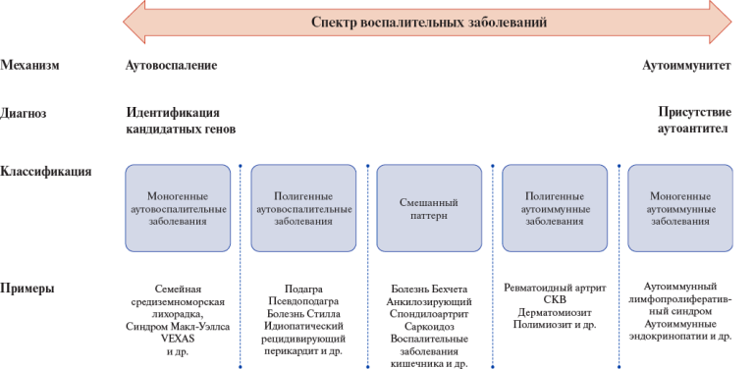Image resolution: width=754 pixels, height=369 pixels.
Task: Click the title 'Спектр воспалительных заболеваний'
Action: pos(428,21)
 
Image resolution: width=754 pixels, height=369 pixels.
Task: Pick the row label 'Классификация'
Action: pos(46,171)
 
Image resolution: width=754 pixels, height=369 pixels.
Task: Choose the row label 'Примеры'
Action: pos(27,290)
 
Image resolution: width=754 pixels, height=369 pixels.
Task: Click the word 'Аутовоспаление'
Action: pos(171,66)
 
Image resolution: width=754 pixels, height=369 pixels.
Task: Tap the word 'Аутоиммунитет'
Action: pos(686,66)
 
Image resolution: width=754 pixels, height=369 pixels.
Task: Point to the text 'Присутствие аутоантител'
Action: pos(693,121)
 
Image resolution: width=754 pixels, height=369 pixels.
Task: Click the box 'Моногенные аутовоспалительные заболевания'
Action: pos(178,208)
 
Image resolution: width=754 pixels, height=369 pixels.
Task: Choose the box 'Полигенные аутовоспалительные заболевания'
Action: pos(303,208)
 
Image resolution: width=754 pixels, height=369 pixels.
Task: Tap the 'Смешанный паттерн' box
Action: pos(429,208)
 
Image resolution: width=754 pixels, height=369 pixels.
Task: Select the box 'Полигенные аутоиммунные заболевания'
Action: pos(555,208)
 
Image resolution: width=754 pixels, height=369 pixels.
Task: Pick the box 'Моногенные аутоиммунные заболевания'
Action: pos(680,208)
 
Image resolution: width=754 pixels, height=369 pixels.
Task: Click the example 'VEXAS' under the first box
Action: pos(178,337)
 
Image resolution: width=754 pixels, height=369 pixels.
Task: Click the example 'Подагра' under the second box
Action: pos(303,289)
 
